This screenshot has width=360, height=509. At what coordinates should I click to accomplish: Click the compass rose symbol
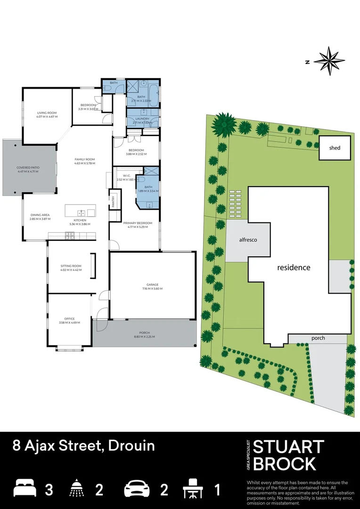click(329, 61)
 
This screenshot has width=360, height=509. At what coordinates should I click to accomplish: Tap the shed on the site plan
click(335, 148)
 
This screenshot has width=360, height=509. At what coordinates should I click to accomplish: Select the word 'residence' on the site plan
click(294, 267)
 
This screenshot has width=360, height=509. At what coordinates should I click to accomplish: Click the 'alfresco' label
click(248, 240)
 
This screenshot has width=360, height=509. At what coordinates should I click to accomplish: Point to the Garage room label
click(152, 285)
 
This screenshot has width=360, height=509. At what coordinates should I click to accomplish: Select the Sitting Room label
click(71, 266)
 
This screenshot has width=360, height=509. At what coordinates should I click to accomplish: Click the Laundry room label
click(142, 119)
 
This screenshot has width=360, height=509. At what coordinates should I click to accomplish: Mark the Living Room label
click(47, 113)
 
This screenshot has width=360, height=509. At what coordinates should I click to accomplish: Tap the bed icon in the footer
click(25, 488)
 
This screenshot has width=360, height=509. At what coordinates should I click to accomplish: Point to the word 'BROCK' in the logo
click(284, 464)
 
